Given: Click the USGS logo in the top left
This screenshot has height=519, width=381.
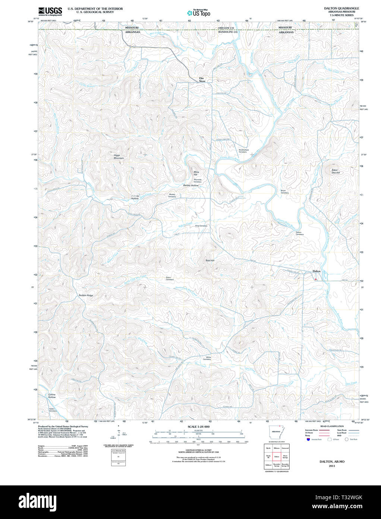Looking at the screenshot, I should pyautogui.click(x=50, y=10).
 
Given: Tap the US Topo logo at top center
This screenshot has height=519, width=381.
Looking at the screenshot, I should pyautogui.click(x=199, y=13).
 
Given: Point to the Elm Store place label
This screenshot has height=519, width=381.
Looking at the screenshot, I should pyautogui.click(x=202, y=80).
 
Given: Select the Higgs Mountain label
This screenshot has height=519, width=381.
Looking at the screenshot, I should pyautogui.click(x=118, y=157).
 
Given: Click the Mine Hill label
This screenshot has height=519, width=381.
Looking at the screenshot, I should pyautogui.click(x=196, y=173).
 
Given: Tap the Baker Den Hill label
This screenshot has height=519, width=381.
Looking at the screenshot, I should pyautogui.click(x=336, y=171).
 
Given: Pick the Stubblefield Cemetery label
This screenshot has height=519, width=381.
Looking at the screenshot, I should pyautogui.click(x=243, y=151).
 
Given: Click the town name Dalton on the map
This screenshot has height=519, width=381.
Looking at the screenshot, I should pyautogui.click(x=316, y=271).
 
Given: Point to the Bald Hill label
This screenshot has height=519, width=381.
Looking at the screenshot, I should pyautogui.click(x=210, y=260).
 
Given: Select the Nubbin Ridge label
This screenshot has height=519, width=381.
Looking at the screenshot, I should pyautogui.click(x=86, y=295).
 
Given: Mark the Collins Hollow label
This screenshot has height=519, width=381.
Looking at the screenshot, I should pyautogui.click(x=52, y=396).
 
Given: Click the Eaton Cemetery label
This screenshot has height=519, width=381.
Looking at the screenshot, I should pyautogui.click(x=170, y=278).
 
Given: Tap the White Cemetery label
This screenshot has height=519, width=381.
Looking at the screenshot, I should pyautogui.click(x=208, y=358).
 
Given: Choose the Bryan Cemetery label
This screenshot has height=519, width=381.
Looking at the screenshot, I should pyautogui.click(x=284, y=192).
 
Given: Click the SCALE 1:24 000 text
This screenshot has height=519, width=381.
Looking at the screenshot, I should pyautogui.click(x=198, y=427).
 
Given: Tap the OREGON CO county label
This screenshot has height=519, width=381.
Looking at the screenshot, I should pyautogui.click(x=226, y=28).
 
